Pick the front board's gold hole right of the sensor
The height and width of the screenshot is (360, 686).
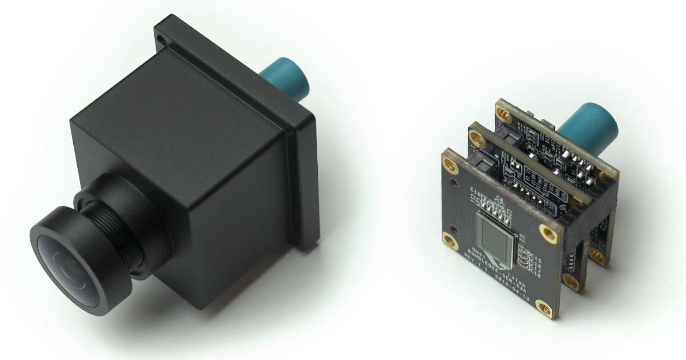point(550,232)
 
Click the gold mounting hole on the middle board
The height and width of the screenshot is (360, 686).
point(476,136)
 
